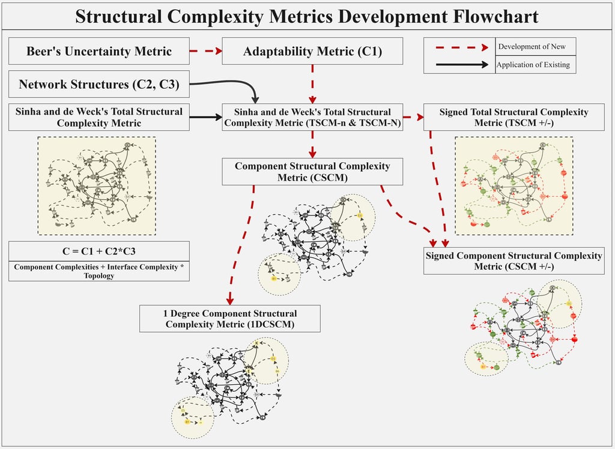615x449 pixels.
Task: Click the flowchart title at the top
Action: click(x=307, y=16)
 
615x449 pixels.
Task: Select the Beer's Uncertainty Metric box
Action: click(x=99, y=52)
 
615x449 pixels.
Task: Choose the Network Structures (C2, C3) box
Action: click(x=99, y=85)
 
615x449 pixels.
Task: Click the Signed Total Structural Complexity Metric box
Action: click(x=514, y=117)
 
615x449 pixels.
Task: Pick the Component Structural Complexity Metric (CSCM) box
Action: click(x=312, y=172)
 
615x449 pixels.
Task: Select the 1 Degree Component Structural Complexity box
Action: click(x=230, y=319)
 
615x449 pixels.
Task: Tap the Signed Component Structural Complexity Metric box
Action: click(x=514, y=261)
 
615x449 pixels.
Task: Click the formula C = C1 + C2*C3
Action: click(x=99, y=250)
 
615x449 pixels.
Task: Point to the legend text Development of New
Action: click(x=532, y=46)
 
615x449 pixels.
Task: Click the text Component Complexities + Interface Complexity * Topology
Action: click(x=99, y=271)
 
